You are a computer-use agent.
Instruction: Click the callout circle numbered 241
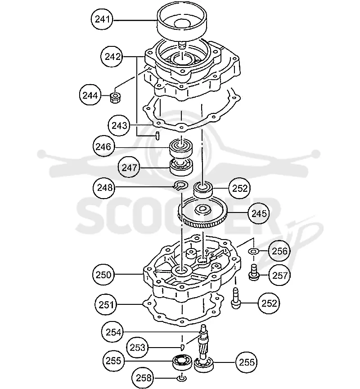pyautogui.click(x=102, y=19)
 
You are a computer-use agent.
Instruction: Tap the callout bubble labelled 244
pyautogui.click(x=90, y=95)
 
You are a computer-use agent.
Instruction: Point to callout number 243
pyautogui.click(x=119, y=125)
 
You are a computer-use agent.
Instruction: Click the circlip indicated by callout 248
pyautogui.click(x=181, y=185)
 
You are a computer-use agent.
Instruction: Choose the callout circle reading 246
pyautogui.click(x=103, y=147)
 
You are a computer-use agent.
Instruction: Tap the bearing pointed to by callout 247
pyautogui.click(x=181, y=167)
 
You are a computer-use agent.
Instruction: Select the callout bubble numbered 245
pyautogui.click(x=259, y=213)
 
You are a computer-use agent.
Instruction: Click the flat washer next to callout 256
pyautogui.click(x=253, y=251)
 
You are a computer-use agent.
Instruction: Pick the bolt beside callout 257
pyautogui.click(x=253, y=273)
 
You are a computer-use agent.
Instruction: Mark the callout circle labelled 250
pyautogui.click(x=103, y=275)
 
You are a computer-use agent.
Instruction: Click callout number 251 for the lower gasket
pyautogui.click(x=106, y=304)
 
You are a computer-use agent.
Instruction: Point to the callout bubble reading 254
pyautogui.click(x=113, y=332)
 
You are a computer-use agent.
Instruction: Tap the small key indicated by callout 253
pyautogui.click(x=182, y=347)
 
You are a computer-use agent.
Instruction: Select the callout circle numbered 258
pyautogui.click(x=143, y=378)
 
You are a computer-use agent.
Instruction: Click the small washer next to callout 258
pyautogui.click(x=181, y=378)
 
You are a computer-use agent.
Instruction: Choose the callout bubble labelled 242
pyautogui.click(x=112, y=57)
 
